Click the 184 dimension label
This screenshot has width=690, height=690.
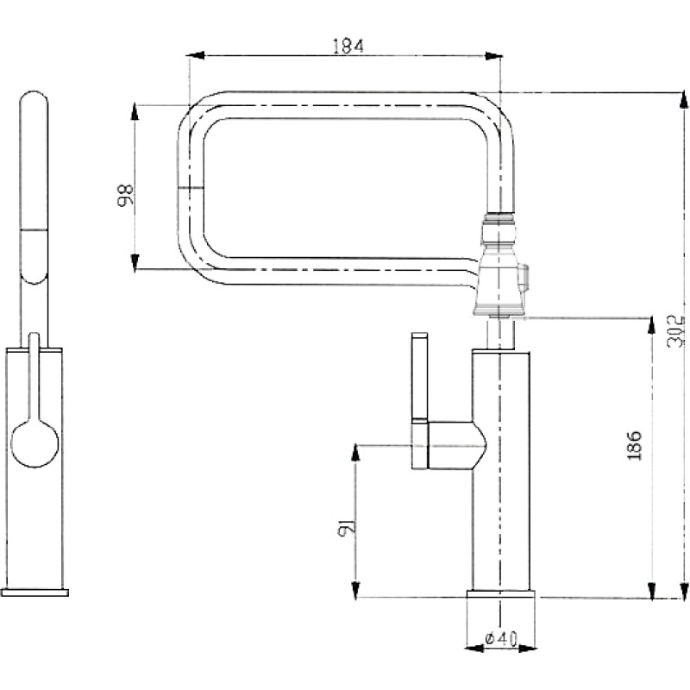coord(348,47)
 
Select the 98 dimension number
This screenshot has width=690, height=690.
coord(125,195)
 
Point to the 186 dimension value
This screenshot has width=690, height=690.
coord(635,445)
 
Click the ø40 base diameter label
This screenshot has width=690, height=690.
coord(501,638)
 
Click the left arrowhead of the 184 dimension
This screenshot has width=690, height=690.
coord(196,56)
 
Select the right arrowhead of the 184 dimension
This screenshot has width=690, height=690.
coord(493,56)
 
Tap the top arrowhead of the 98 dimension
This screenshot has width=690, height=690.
coord(135,112)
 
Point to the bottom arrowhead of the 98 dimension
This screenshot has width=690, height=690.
coord(135,262)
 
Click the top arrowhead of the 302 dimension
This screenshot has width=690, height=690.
coord(683,99)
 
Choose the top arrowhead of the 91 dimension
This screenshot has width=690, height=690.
coord(355,453)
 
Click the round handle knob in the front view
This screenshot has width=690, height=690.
coord(34,443)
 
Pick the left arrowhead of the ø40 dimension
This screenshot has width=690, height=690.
coord(474,649)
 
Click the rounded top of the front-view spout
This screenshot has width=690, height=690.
coord(34,94)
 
